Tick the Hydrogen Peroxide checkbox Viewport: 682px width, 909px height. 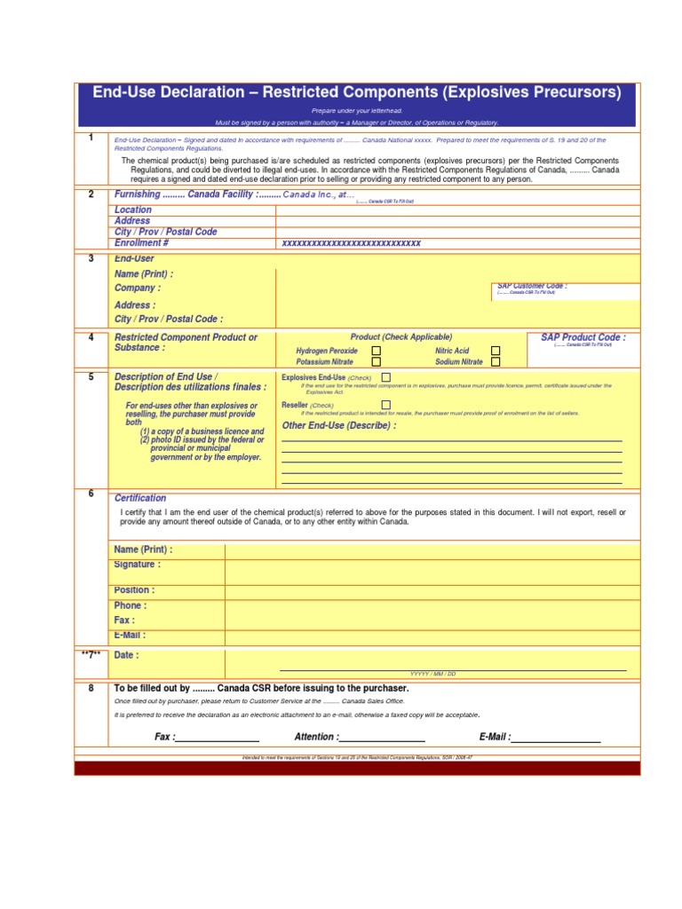coord(377,351)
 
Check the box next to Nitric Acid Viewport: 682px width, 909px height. coord(496,351)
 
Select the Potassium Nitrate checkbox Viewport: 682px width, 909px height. coord(377,362)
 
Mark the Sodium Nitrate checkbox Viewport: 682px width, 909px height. coord(496,362)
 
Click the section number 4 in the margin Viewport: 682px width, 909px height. coord(91,337)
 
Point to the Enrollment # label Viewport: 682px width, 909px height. coord(141,242)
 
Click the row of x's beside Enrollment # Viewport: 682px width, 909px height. coord(351,242)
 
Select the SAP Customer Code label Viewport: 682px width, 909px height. coord(531,286)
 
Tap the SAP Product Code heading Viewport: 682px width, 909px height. coord(583,337)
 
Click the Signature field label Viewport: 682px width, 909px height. coord(137,565)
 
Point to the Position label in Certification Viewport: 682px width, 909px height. coord(134,590)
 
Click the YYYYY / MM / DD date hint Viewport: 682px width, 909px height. coord(432,675)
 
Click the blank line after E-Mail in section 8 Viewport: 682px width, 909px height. coord(556,738)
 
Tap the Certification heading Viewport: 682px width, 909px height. coord(140,498)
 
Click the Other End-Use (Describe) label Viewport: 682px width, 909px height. coord(338,425)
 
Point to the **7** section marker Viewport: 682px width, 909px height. coord(91,655)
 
